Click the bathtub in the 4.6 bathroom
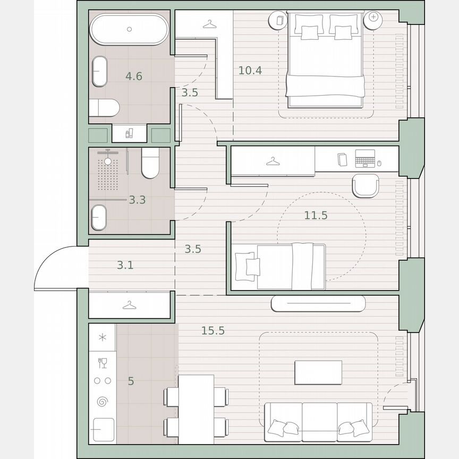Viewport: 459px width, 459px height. [128, 30]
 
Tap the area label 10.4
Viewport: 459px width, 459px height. [250, 70]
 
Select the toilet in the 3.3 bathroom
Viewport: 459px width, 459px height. [151, 162]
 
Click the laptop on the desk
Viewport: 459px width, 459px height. [365, 158]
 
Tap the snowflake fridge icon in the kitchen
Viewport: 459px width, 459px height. [103, 338]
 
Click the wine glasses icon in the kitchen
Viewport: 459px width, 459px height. [103, 363]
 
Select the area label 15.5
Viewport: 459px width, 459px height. [212, 330]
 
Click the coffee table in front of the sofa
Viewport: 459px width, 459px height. [318, 372]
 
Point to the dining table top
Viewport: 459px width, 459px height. [196, 409]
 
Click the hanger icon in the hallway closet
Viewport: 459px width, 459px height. [128, 305]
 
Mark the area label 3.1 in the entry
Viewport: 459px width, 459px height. [125, 265]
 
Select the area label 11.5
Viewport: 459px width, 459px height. [316, 215]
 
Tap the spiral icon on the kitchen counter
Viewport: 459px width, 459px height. [103, 402]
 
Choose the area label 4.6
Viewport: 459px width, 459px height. [133, 76]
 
